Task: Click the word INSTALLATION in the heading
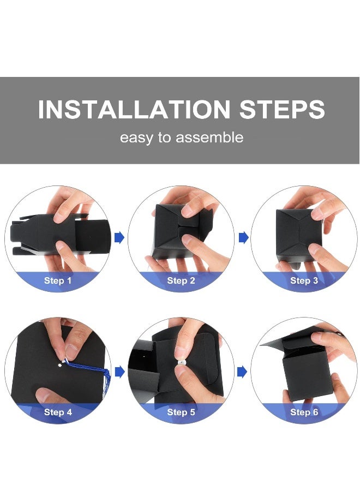[x=134, y=109]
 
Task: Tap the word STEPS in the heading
[x=282, y=109]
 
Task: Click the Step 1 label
[x=58, y=280]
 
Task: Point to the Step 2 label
[x=181, y=280]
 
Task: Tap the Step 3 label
[x=304, y=280]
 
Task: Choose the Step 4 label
[x=58, y=412]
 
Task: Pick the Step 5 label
[x=181, y=412]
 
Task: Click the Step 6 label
[x=304, y=412]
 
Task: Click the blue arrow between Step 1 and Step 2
[x=119, y=238]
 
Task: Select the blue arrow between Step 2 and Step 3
[x=244, y=238]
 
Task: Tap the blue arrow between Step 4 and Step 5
[x=119, y=372]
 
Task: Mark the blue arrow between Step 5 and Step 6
[x=242, y=372]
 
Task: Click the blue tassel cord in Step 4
[x=91, y=369]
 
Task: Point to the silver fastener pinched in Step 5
[x=182, y=362]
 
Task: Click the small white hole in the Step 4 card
[x=60, y=364]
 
